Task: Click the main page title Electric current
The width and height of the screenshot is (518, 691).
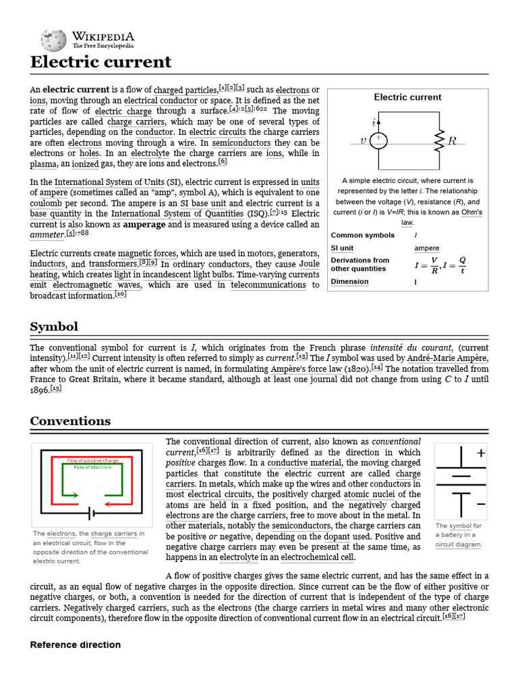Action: (x=100, y=63)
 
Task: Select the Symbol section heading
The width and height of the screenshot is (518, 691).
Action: (x=54, y=327)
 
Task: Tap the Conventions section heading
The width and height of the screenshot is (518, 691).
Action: (x=70, y=421)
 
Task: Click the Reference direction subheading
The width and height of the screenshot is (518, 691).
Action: (x=76, y=644)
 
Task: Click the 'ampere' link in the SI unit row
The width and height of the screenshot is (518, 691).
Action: (x=426, y=248)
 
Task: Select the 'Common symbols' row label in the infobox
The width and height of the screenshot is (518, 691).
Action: (x=363, y=235)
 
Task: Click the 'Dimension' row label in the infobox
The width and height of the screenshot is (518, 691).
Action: (x=349, y=281)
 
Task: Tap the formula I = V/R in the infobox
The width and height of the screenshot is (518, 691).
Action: (x=427, y=265)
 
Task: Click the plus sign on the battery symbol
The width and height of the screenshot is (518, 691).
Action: (x=481, y=453)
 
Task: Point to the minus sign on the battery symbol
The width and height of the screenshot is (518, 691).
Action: (x=481, y=504)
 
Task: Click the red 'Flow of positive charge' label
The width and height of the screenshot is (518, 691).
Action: (x=92, y=460)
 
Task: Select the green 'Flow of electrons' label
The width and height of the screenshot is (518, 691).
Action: (x=92, y=467)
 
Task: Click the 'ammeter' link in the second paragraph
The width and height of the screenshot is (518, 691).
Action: (x=47, y=235)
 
